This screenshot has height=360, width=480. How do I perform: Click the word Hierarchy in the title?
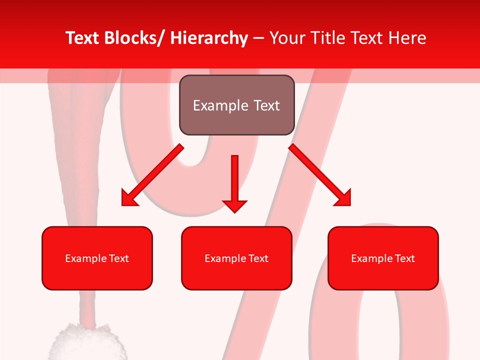(208, 38)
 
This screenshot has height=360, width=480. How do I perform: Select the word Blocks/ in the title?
(134, 38)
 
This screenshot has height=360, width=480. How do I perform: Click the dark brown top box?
(236, 105)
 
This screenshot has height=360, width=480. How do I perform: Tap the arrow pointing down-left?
(152, 175)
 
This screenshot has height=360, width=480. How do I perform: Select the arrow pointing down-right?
(320, 175)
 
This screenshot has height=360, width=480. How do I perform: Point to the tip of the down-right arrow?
(350, 205)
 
